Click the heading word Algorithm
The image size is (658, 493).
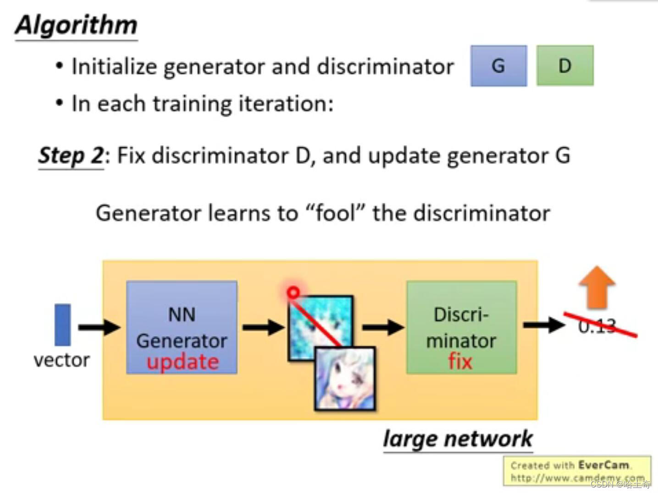coord(76,25)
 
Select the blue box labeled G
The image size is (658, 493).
coord(498,66)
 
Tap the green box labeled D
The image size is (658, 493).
coord(564,66)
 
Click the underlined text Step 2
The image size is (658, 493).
coord(71,156)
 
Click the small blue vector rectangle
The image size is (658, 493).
coord(63,325)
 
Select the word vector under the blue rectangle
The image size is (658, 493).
coord(61,360)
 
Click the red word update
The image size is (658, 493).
coord(182,362)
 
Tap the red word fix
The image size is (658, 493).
coord(460,362)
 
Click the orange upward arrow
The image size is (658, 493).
coord(597,287)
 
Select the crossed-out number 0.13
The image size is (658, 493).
coord(597,326)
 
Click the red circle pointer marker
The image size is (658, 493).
coord(293,293)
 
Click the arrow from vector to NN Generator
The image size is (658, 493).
coord(99,327)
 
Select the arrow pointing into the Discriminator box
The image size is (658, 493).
coord(383,327)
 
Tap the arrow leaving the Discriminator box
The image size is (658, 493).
coord(544,325)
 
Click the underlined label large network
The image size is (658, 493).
coord(458,439)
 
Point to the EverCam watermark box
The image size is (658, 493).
coord(576,470)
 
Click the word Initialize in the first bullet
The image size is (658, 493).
coord(114,67)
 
